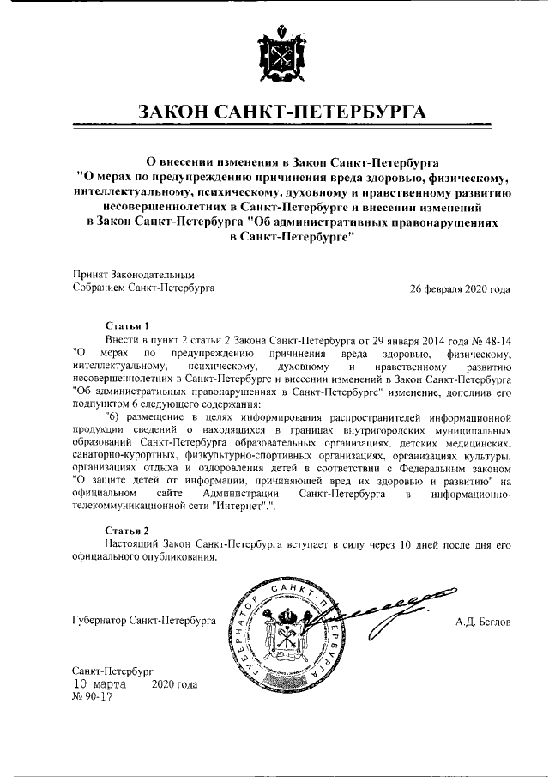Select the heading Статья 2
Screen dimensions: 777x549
click(127, 531)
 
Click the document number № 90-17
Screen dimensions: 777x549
click(93, 697)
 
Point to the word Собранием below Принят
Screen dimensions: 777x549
click(100, 289)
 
